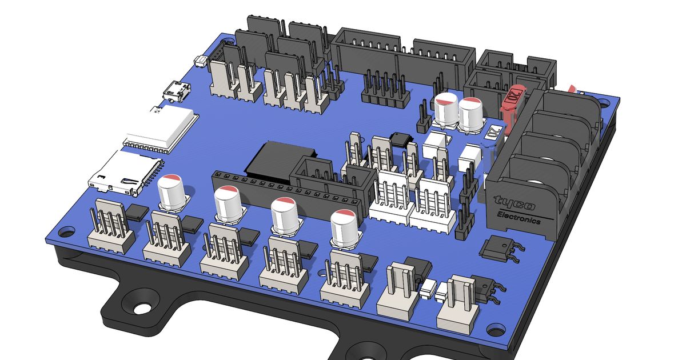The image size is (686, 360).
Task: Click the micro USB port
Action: [177, 91]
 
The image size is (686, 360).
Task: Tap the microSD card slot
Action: [127, 171]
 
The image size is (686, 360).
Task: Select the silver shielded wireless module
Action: [161, 130]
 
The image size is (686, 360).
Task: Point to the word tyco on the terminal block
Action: [514, 203]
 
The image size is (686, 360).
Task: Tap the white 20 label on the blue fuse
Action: [493, 130]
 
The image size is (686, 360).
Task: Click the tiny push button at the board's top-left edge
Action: [201, 61]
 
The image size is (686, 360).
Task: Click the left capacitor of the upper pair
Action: [445, 110]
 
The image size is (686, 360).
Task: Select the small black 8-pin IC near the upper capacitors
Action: [400, 139]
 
